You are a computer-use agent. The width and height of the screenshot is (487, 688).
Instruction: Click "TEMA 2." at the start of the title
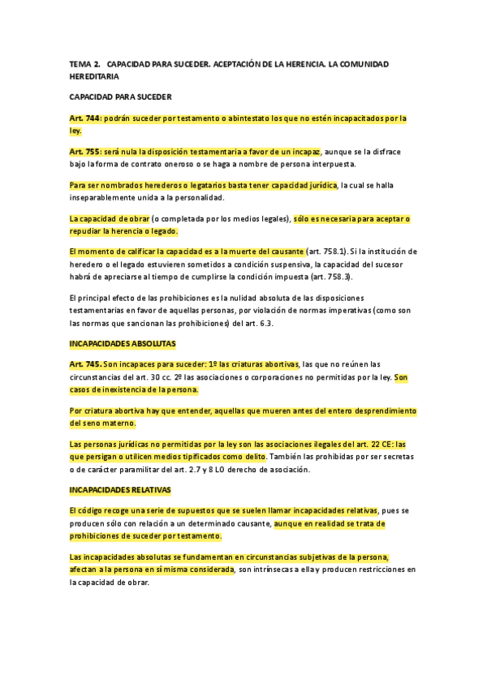click(84, 62)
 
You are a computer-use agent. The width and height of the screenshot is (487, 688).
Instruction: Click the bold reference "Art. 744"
click(85, 118)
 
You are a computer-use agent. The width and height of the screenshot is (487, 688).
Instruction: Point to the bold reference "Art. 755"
click(85, 151)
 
